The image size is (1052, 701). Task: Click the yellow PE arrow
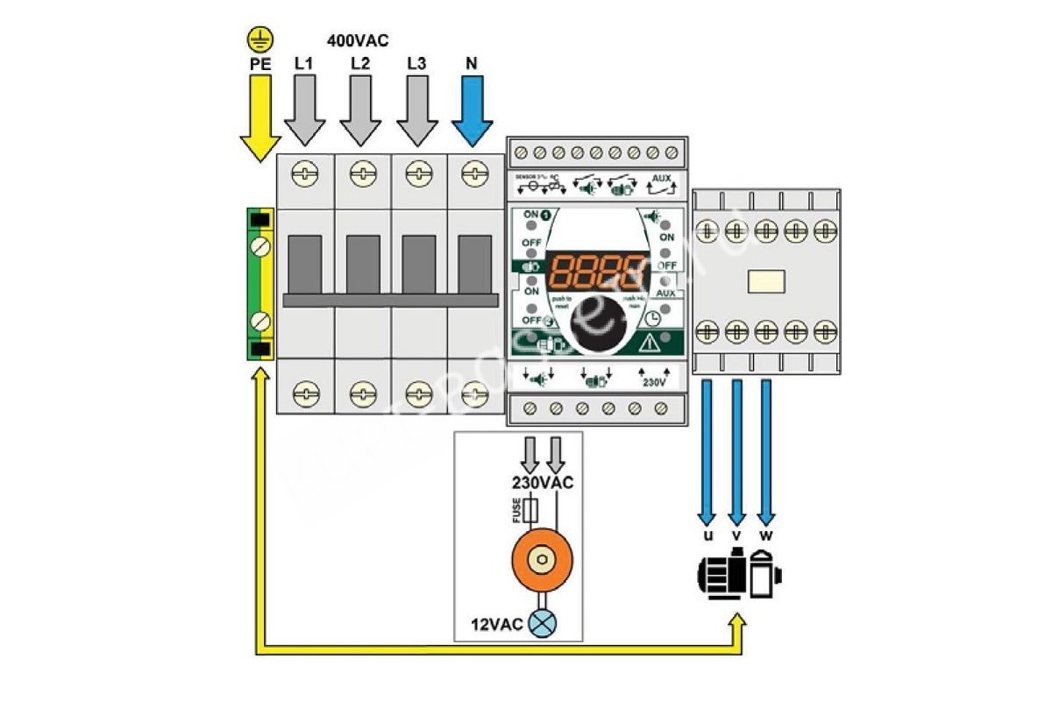(260, 117)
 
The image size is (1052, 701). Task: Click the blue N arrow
(474, 110)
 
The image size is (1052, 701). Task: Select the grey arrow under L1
(304, 110)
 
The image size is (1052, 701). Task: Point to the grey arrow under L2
(360, 110)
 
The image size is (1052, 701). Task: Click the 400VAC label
(358, 40)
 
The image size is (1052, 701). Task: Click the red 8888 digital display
(594, 272)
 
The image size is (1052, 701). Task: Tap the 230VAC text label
(543, 483)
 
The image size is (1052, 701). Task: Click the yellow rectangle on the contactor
(765, 281)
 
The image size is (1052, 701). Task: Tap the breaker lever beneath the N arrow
(474, 266)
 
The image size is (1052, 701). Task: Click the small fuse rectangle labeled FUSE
(529, 511)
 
